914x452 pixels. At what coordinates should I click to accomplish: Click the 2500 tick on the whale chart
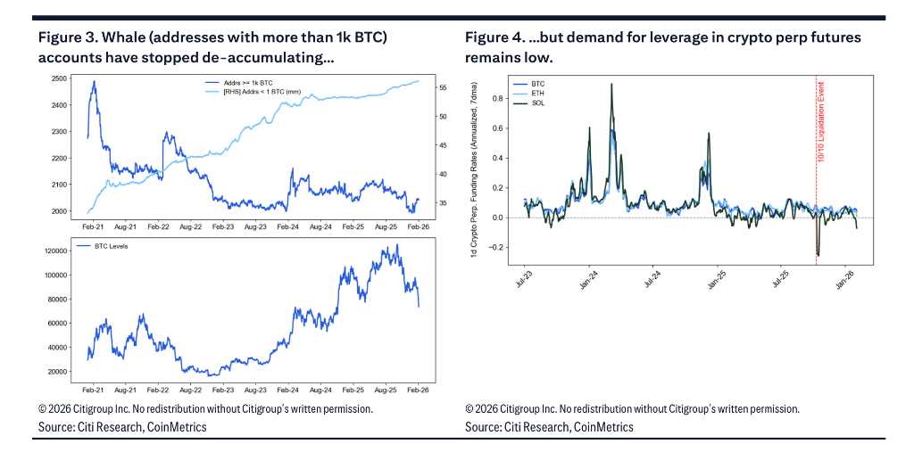click(x=61, y=78)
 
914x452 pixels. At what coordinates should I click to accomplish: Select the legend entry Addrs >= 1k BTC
click(x=233, y=83)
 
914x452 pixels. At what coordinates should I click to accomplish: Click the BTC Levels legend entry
click(x=111, y=244)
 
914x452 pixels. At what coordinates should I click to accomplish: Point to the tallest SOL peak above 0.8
click(x=611, y=85)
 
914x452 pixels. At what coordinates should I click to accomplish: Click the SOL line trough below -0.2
click(x=818, y=256)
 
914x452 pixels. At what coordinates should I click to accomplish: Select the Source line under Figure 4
click(x=549, y=427)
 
